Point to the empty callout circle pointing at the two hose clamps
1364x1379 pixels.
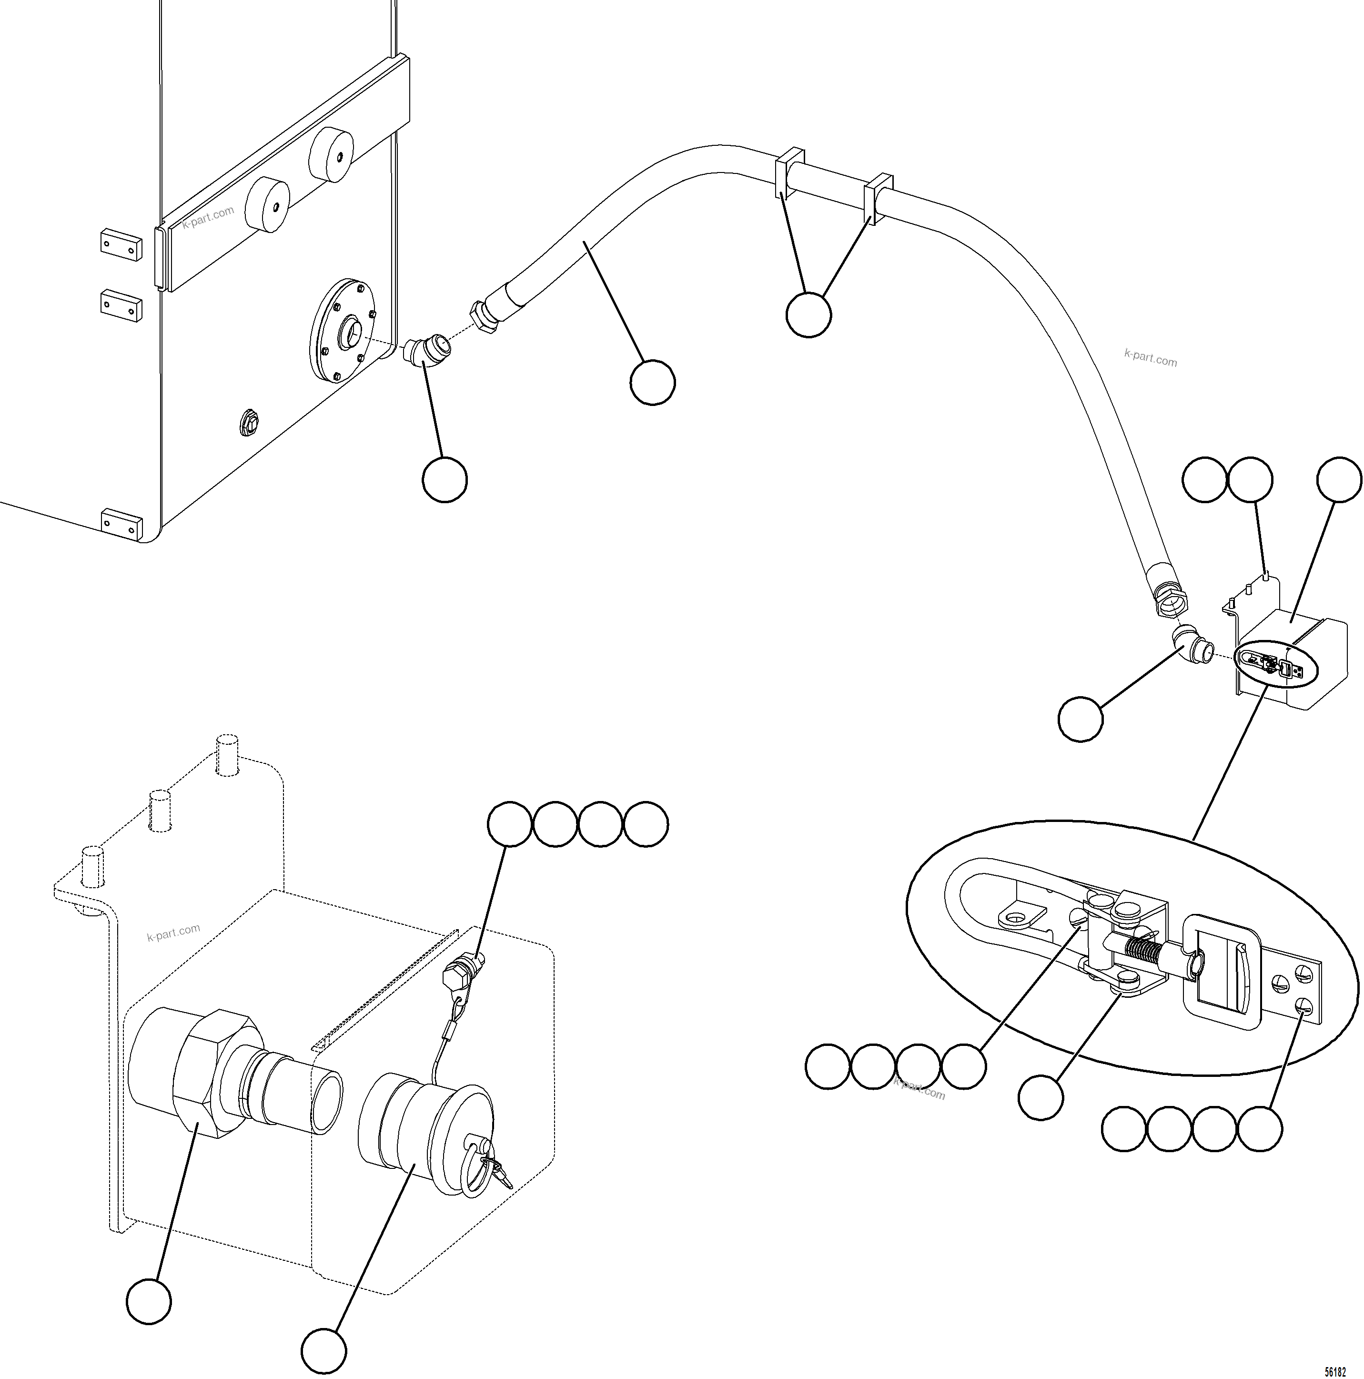click(808, 314)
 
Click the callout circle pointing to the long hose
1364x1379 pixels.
click(652, 383)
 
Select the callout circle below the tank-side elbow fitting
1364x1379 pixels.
click(445, 480)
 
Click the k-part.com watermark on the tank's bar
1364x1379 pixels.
click(208, 217)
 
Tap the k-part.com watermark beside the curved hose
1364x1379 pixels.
click(1150, 357)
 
